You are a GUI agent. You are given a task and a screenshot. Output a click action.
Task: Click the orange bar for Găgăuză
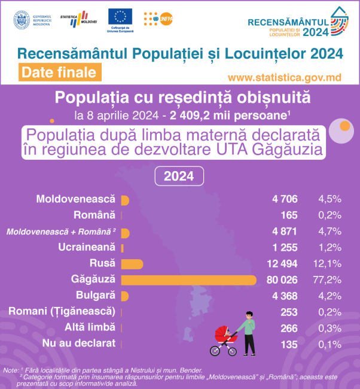coord(188,279)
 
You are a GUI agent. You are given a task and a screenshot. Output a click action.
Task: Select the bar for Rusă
coord(132,263)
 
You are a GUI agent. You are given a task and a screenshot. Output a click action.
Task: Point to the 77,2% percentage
coord(329,279)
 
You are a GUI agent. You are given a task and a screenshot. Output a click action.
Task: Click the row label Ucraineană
coord(87,247)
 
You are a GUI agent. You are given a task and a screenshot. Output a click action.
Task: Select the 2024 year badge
coord(179,177)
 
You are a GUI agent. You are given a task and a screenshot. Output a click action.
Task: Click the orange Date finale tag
coord(57,72)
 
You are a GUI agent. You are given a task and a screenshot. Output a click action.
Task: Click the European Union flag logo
coord(120,17)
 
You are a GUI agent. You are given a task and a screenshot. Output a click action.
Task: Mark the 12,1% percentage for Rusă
coord(329,263)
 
